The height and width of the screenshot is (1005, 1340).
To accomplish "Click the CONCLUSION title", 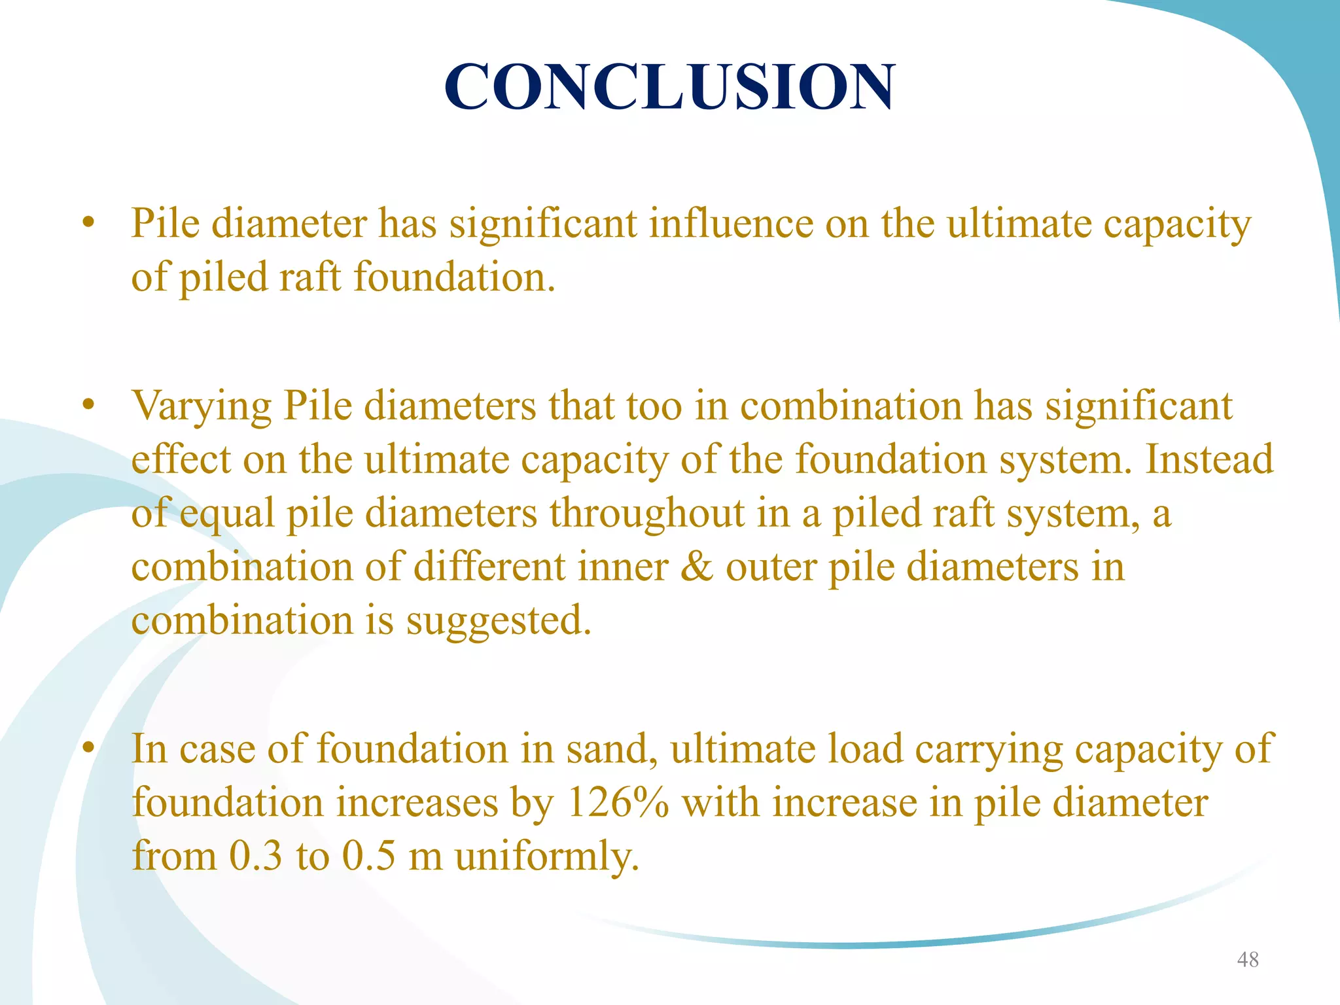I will point(669,86).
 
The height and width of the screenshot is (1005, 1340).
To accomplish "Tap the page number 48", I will point(1247,959).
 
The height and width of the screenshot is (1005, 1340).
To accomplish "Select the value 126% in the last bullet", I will point(617,802).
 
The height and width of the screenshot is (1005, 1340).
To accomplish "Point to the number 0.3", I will point(256,856).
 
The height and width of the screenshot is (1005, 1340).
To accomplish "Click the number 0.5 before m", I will point(369,856).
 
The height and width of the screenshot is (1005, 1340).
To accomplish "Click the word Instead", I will point(1209,459).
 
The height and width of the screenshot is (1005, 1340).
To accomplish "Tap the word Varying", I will point(201,407).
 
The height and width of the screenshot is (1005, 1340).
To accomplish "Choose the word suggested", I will point(498,620).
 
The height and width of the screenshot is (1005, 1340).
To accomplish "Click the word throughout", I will point(646,513).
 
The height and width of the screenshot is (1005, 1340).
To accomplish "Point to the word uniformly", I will point(546,856).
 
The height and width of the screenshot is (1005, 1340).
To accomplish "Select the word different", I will point(489,567).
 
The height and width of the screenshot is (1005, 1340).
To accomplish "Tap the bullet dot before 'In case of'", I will point(89,748).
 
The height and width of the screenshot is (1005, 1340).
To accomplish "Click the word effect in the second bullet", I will point(181,459).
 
